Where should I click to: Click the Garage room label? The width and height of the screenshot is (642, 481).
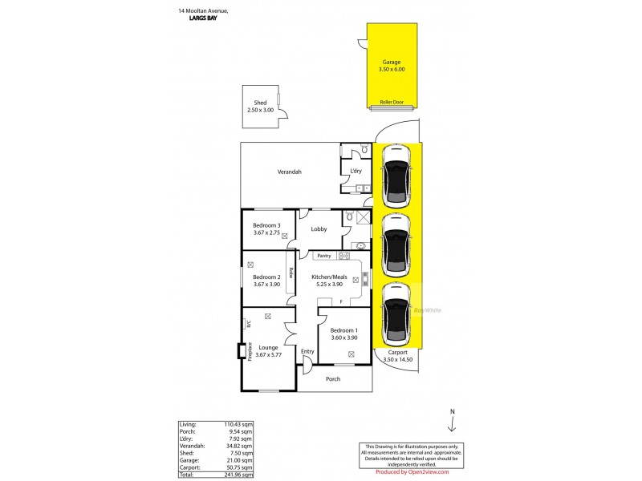392,61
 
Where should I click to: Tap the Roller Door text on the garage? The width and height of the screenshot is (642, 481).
392,103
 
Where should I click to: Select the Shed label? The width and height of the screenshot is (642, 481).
260,103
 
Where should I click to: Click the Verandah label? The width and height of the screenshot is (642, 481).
289,172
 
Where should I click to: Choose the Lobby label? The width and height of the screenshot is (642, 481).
319,228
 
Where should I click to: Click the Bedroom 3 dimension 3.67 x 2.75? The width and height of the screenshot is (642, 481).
266,233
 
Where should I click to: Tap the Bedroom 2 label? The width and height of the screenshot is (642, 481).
266,277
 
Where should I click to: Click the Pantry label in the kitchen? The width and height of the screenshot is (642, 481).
324,256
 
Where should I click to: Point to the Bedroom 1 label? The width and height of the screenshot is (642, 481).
345,330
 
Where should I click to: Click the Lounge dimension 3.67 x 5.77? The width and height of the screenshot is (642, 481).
263,355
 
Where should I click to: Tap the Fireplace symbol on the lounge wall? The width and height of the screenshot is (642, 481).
241,351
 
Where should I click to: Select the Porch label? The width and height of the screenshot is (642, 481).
332,378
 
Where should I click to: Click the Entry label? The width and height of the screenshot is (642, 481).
307,351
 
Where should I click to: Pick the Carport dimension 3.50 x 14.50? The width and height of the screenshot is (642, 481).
397,359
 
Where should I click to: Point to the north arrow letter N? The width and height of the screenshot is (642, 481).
453,411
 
